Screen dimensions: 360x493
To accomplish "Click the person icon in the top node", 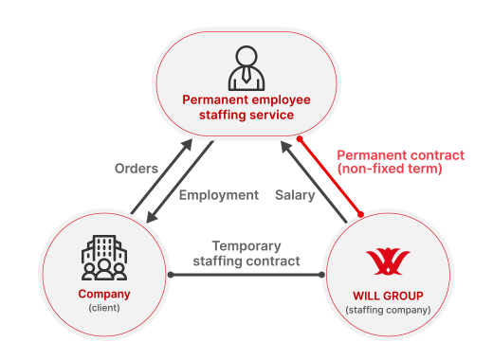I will point(246,68).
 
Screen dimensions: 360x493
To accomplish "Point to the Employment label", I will point(218,194).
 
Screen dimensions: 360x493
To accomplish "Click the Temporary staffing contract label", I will point(246,252).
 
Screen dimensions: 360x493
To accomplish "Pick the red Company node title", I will point(103,294).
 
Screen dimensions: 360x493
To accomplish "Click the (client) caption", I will point(103,309).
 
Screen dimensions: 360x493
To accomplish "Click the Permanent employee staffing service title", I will point(246,107).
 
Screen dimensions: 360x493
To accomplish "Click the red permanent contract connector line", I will point(330,176).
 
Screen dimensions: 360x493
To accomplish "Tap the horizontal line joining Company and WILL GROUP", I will point(246,275).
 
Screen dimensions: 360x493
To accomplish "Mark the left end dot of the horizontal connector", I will point(171,275).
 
